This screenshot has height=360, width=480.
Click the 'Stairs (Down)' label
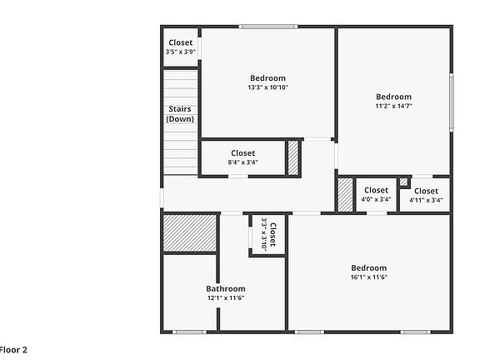pos(181,113)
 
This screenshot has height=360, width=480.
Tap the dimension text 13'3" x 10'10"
pos(267,87)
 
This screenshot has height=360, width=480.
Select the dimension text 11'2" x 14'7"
pos(392,106)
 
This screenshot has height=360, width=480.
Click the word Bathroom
pos(226,288)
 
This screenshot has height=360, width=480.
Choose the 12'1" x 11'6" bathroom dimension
pos(226,297)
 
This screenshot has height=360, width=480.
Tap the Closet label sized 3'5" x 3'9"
pos(181,42)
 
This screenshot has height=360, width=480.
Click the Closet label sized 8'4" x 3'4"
pos(242,152)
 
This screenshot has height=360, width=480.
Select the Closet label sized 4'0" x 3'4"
pos(376,190)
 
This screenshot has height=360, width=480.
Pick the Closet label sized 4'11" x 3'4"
pos(426,191)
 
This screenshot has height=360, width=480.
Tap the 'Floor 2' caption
pos(13,350)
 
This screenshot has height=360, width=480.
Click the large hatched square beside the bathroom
pos(190,232)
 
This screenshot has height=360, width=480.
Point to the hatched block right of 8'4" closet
pos(293,158)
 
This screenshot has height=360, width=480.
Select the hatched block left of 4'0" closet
pos(345,195)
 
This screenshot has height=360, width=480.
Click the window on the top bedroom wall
pos(267,27)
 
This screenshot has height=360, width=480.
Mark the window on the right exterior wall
pos(452,102)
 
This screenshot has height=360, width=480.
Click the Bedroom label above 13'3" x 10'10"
pos(267,78)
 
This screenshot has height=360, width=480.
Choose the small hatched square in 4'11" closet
pos(403,182)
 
